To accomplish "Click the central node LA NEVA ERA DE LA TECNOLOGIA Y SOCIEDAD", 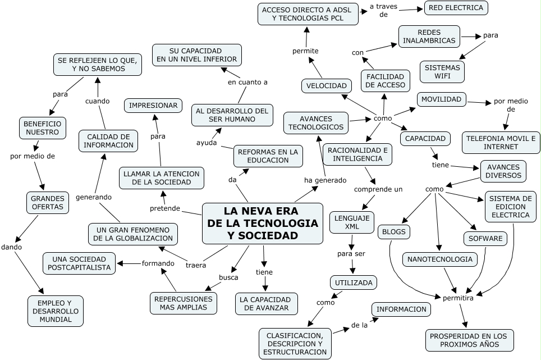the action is click(263, 224).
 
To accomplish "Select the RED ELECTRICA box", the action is click(456, 8).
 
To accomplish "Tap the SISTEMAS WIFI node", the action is click(442, 72).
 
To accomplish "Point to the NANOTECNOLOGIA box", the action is click(440, 259).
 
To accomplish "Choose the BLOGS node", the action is click(394, 231).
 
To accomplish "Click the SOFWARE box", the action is click(485, 239).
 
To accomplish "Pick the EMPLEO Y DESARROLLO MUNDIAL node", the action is click(56, 311).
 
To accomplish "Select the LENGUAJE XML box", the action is click(352, 222).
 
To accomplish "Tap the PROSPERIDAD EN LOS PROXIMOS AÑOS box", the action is click(469, 340).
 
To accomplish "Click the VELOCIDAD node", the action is click(327, 86).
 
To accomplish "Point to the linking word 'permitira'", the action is click(458, 298).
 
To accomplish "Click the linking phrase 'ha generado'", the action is click(325, 180).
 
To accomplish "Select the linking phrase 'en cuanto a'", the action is click(247, 82).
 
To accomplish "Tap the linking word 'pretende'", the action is click(165, 208).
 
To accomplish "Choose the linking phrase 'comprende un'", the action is click(378, 189).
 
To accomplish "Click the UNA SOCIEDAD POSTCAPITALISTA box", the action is click(80, 263).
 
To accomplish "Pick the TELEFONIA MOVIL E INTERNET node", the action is click(501, 143).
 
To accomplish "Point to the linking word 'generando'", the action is click(94, 197).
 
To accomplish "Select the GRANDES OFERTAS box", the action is click(48, 203).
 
